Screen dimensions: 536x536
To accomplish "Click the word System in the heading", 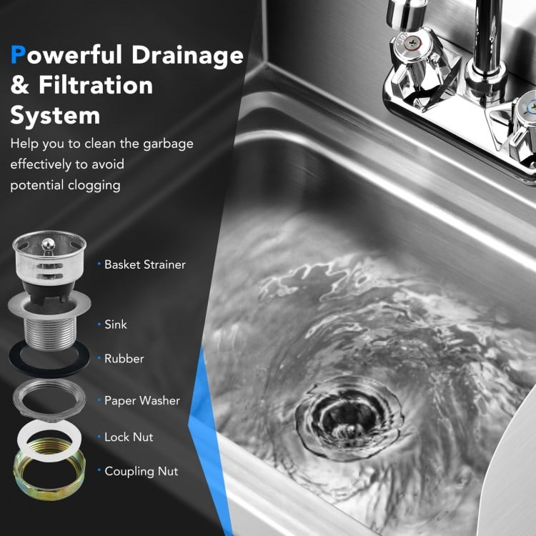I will click(54, 115).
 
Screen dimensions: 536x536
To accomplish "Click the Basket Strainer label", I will click(145, 264).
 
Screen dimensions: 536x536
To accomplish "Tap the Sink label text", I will click(116, 324).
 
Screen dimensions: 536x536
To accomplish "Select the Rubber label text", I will click(124, 359).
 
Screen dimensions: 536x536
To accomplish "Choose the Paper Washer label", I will click(142, 401).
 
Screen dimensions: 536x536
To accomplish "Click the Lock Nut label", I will click(129, 437).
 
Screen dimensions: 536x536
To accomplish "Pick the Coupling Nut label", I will click(142, 471).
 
